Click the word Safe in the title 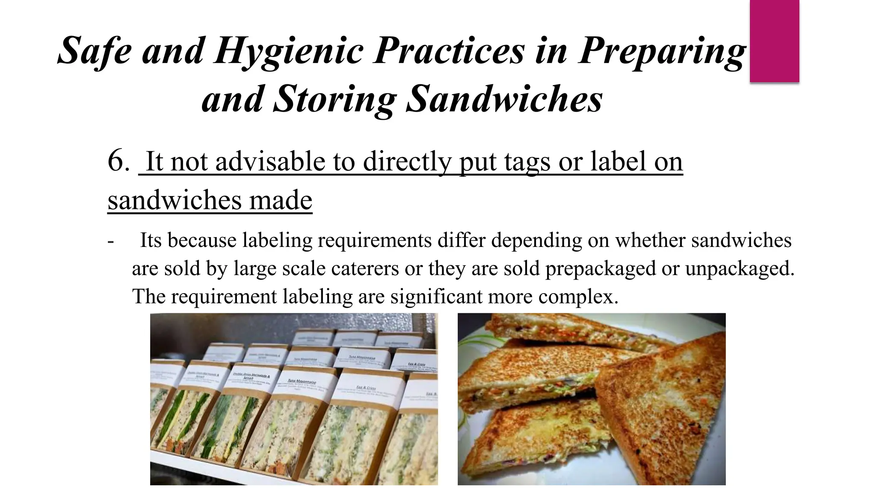tap(95, 50)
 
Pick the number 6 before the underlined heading tap(117, 161)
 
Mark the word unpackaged tap(740, 268)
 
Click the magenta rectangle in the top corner tap(774, 41)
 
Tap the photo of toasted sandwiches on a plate tap(592, 399)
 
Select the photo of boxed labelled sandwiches tap(294, 399)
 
